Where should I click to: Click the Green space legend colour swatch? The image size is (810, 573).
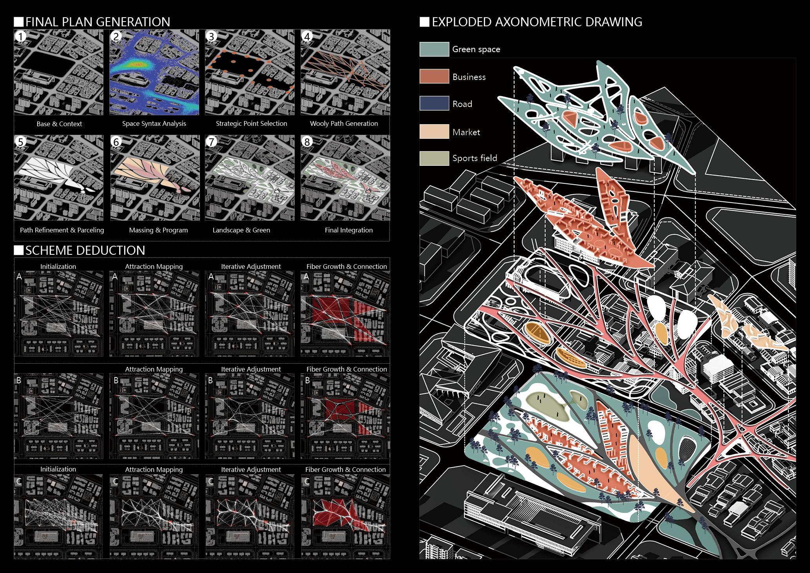tap(434, 49)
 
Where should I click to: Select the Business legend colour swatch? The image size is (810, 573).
tap(434, 76)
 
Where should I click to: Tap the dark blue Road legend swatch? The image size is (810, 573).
tap(434, 103)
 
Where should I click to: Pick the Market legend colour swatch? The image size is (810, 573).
tap(434, 132)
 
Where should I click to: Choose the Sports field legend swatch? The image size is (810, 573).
tap(434, 158)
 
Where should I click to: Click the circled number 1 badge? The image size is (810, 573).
tap(20, 37)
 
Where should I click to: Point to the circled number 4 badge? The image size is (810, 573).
tap(307, 37)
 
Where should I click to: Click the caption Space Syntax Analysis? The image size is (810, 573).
tap(154, 123)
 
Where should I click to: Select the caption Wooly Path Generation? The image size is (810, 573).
tap(344, 123)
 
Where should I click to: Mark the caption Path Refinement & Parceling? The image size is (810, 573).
tap(62, 230)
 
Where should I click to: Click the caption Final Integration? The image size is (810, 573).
tap(348, 230)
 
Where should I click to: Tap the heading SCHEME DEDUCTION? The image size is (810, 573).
tap(85, 250)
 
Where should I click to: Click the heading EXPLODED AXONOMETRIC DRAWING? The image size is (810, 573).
tap(537, 22)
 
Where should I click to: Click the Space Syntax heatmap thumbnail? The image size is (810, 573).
tap(154, 73)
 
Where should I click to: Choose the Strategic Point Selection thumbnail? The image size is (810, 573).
tap(250, 73)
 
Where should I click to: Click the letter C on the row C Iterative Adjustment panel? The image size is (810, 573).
tap(210, 481)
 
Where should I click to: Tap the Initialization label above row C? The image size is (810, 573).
tap(58, 469)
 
